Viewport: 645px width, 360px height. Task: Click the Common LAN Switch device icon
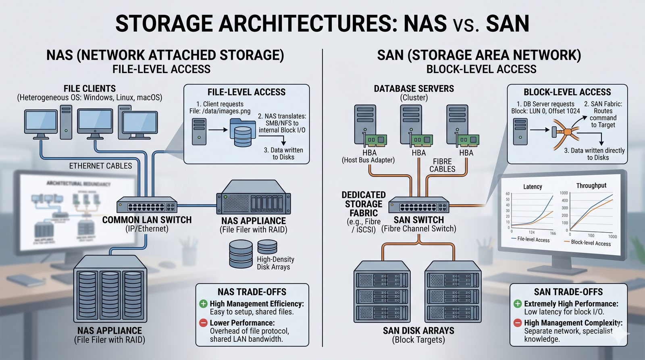coord(147,206)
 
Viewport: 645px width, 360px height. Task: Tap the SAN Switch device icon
coord(418,206)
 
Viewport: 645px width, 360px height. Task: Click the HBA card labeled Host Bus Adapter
coord(376,140)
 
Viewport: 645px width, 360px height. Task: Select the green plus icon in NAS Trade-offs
coord(203,304)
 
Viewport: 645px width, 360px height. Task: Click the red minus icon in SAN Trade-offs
coord(518,323)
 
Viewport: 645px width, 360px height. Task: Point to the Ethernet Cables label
coord(100,166)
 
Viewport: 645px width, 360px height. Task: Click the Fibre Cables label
coord(442,165)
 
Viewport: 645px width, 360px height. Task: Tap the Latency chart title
coord(533,187)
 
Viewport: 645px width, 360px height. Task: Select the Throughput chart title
coord(591,185)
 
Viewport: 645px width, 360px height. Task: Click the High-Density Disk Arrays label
coord(275,263)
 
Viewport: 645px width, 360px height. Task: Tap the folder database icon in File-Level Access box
coord(241,133)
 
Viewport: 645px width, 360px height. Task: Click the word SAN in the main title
coord(507,23)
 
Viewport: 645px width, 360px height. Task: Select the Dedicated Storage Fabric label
coord(364,204)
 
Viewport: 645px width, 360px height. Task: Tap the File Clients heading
coord(89,89)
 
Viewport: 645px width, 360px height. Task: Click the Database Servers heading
coord(414,89)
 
